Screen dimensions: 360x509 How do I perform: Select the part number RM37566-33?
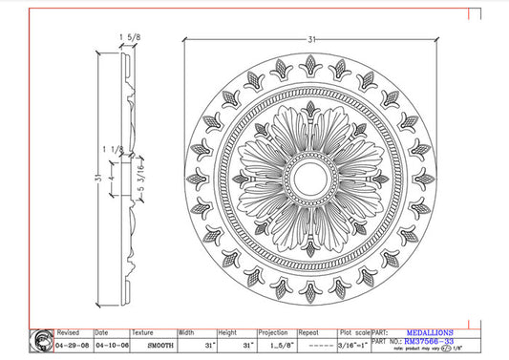(429, 341)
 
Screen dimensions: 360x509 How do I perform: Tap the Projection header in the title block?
(273, 333)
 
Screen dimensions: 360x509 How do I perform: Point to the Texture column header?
(143, 333)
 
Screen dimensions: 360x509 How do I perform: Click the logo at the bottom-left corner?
(42, 341)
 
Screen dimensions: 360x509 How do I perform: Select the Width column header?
(188, 333)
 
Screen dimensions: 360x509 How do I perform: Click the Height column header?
(228, 333)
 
